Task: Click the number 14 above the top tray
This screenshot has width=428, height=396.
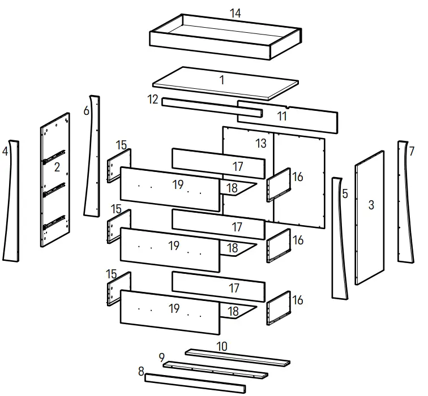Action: click(235, 13)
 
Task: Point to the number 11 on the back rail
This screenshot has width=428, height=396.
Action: click(282, 117)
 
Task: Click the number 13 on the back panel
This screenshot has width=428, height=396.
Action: click(260, 144)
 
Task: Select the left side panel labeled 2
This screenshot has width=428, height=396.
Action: click(55, 192)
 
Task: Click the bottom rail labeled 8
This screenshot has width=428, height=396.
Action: click(195, 383)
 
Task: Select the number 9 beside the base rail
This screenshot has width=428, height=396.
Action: click(161, 358)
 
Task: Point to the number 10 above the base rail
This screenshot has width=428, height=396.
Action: click(222, 346)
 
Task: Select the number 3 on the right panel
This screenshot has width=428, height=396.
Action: click(371, 205)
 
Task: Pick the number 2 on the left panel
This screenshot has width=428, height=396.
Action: click(57, 167)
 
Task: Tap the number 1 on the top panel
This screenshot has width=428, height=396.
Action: click(222, 80)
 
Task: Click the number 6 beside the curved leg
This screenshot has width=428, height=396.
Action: click(86, 111)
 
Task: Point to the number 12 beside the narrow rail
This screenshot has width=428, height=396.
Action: click(152, 100)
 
